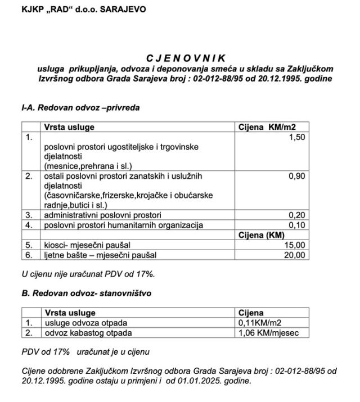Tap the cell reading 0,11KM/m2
[x=260, y=323]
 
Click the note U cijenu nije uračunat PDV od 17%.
[x=87, y=274]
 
